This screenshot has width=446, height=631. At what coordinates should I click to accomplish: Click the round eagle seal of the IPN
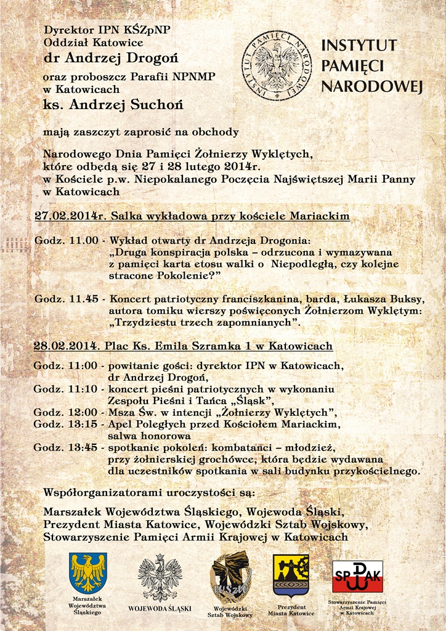click(x=277, y=65)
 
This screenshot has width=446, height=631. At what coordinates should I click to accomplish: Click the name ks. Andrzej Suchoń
click(x=113, y=105)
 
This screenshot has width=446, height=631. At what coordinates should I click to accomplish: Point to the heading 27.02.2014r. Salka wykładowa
click(x=192, y=216)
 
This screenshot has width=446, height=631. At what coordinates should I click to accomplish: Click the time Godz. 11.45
click(x=66, y=299)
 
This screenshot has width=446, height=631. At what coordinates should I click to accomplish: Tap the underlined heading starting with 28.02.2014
click(x=183, y=346)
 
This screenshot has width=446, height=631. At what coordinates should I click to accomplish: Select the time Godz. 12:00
click(x=66, y=412)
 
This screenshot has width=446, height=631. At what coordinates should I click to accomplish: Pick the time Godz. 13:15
click(x=66, y=424)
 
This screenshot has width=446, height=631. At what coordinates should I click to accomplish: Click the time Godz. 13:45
click(x=66, y=447)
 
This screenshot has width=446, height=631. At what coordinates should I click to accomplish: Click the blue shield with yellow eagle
click(x=88, y=573)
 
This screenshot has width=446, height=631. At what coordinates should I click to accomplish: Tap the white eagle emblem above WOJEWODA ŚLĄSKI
click(x=160, y=577)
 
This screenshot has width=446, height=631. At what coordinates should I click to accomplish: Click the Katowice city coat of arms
click(x=291, y=575)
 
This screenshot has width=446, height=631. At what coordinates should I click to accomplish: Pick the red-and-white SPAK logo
click(x=357, y=576)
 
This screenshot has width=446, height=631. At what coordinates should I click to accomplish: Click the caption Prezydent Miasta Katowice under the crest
click(x=291, y=610)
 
